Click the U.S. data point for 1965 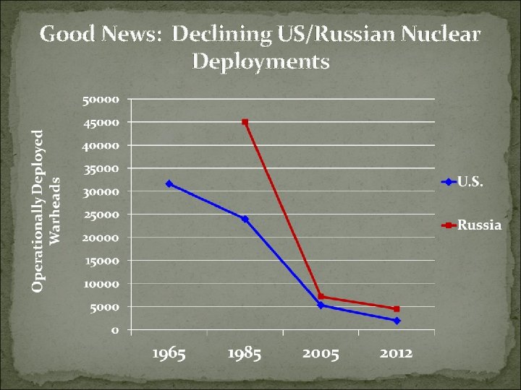pyautogui.click(x=169, y=183)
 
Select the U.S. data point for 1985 pyautogui.click(x=245, y=219)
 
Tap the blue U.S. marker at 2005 pyautogui.click(x=321, y=305)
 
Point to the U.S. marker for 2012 pyautogui.click(x=397, y=321)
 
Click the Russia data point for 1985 pyautogui.click(x=245, y=122)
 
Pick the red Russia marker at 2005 pyautogui.click(x=321, y=296)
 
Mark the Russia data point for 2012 pyautogui.click(x=397, y=309)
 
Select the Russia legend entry pyautogui.click(x=471, y=225)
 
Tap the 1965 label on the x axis pyautogui.click(x=169, y=353)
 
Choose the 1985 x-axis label pyautogui.click(x=245, y=353)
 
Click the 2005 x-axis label pyautogui.click(x=321, y=353)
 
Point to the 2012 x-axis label pyautogui.click(x=396, y=353)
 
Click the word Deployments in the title pyautogui.click(x=260, y=61)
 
